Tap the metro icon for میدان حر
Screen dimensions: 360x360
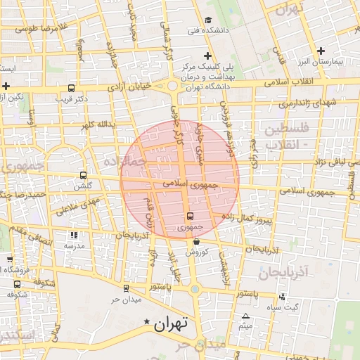pos(126,288)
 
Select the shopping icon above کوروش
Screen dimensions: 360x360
pos(196,241)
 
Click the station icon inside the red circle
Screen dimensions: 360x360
pos(190,216)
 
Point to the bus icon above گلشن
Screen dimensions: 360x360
pos(84,175)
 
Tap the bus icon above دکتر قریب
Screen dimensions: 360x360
pos(70,89)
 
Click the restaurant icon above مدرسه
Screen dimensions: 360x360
pos(74,236)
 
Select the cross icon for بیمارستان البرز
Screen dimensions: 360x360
pos(321,51)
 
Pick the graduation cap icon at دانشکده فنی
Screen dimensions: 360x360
pos(208,20)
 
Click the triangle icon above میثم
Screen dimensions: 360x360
pos(245,316)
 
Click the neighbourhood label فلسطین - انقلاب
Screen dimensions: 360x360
pos(285,136)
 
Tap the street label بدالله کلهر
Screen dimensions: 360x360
pos(96,124)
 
